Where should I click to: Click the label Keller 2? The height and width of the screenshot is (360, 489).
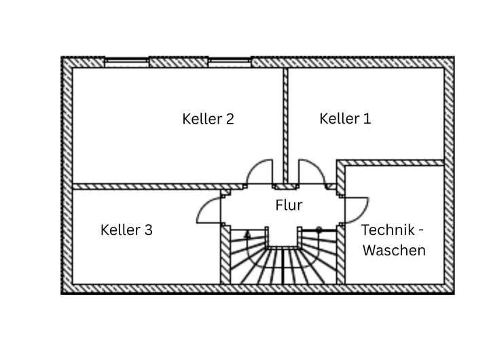coord(208,119)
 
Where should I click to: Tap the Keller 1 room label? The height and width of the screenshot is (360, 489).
coord(345,119)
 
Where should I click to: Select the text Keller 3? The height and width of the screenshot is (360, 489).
coord(126,230)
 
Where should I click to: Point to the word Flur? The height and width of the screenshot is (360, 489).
coord(289,205)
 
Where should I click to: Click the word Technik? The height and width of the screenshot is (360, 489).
coord(388,230)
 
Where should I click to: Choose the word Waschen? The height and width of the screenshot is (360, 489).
coord(394,250)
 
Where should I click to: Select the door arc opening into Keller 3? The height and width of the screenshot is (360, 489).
coord(207,208)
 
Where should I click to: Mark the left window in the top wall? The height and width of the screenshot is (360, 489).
coord(126,62)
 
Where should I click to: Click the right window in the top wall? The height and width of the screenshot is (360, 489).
coord(230,62)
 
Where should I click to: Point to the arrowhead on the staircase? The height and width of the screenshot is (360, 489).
coord(247,234)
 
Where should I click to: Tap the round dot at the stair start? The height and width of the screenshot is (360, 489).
coord(319,230)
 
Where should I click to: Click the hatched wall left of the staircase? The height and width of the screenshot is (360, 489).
coord(225,255)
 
